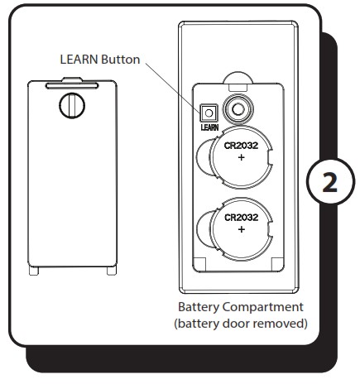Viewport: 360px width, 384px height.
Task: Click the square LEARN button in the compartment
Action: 209,113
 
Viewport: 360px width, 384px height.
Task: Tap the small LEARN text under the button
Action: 209,127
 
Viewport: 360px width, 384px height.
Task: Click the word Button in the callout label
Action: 121,60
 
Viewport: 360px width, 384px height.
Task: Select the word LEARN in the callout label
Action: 79,60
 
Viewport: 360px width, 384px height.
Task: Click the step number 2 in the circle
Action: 330,183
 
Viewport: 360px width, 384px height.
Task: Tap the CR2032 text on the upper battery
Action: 241,146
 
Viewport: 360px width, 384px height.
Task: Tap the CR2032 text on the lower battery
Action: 242,218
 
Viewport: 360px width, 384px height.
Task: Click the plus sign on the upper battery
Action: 242,157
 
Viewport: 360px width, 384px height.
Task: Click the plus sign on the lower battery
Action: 242,229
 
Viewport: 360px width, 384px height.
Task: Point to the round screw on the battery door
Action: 72,106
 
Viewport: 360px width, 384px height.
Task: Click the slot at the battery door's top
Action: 72,86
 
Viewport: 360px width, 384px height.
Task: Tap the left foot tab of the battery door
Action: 34,271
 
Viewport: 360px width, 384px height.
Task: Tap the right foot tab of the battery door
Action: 112,271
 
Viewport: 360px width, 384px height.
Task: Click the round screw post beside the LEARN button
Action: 238,109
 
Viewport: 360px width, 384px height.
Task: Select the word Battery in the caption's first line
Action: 199,307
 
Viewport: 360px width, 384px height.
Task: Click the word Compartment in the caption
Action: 263,308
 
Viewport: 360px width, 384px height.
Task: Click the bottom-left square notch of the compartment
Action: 199,264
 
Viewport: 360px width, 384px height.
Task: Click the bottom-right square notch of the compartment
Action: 277,264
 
